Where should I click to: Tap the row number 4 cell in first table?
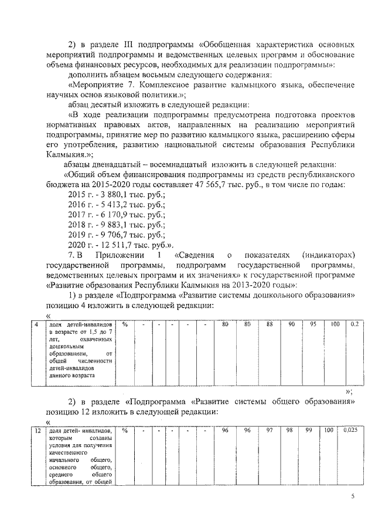pos(37,324)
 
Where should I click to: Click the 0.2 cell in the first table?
pos(354,324)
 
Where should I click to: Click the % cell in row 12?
pos(125,431)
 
